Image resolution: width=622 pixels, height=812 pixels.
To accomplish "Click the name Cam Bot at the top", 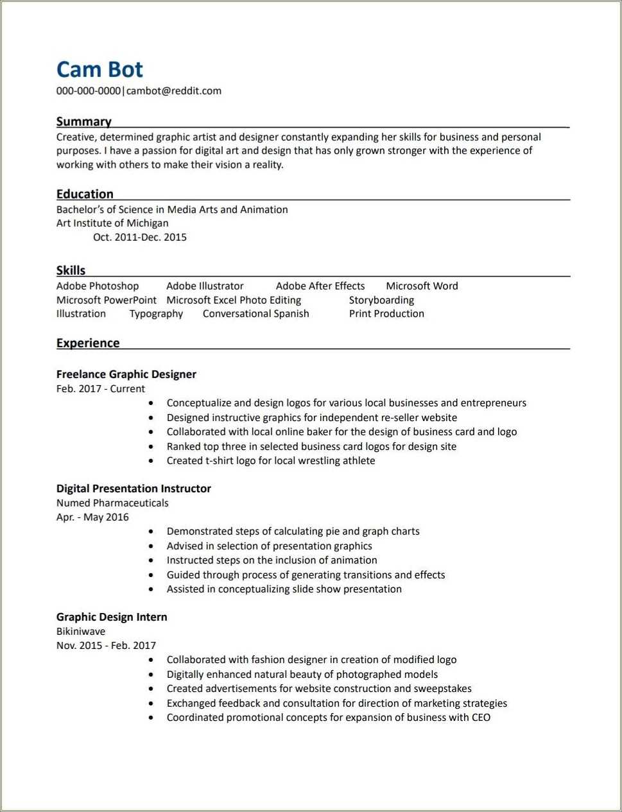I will coord(99,69).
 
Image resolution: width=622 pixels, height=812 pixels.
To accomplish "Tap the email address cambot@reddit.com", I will coord(174,91).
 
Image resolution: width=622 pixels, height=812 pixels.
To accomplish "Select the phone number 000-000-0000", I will coord(89,91).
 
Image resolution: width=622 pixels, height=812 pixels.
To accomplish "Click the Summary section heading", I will coord(83,121).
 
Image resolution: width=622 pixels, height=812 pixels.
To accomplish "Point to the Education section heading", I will coord(85,194).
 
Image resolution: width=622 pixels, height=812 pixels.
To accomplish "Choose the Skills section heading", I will coord(71,270).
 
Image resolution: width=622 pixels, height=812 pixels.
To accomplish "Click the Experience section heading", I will coord(88,343).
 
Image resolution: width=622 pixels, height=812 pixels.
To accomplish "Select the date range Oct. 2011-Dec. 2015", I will coord(140,237).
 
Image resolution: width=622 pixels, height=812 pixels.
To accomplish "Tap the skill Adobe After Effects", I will coord(320,286).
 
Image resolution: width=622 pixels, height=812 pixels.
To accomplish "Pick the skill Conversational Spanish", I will coord(256,314).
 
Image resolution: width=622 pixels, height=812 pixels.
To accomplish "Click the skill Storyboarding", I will coord(381,300).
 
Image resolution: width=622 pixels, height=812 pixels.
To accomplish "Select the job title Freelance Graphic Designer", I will coord(126,374).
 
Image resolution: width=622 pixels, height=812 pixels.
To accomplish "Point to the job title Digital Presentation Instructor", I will coord(134,488).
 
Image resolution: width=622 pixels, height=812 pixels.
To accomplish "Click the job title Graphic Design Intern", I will coord(112,617).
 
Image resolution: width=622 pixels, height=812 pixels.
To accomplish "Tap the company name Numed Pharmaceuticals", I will coord(112,503).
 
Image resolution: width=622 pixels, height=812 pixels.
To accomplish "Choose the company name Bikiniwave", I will coord(81,632).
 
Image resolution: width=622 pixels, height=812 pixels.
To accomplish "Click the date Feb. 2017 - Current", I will coord(101,389).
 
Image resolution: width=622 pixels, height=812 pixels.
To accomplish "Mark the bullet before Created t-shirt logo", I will coord(151,461).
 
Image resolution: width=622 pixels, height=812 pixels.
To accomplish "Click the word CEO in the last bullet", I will coord(481,718).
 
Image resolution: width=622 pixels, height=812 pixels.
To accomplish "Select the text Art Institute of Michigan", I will coord(112,223).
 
